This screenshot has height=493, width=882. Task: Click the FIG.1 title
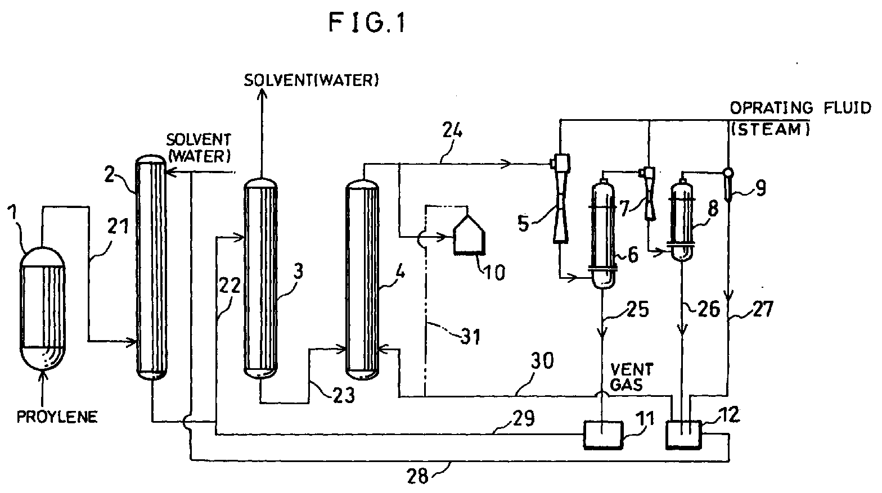coord(367,23)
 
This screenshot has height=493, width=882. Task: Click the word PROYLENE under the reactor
coord(57,417)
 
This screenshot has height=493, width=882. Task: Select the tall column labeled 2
coord(151,267)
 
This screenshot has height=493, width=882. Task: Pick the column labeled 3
coord(260,279)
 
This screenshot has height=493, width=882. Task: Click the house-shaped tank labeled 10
coord(469,234)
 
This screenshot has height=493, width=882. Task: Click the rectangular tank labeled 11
coord(603,435)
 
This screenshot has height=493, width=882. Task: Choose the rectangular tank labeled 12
coord(683,435)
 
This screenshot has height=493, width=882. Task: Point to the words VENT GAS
coord(632,377)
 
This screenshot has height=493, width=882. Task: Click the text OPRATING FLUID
coord(800,108)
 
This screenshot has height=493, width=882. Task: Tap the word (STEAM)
coord(770,129)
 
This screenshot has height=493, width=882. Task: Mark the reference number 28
coord(417,477)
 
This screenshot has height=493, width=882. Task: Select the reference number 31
coord(470,337)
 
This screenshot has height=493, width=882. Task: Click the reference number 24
coord(452,130)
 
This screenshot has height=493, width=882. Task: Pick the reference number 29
coord(524,418)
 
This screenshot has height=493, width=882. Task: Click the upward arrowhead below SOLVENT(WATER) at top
coord(262,94)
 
